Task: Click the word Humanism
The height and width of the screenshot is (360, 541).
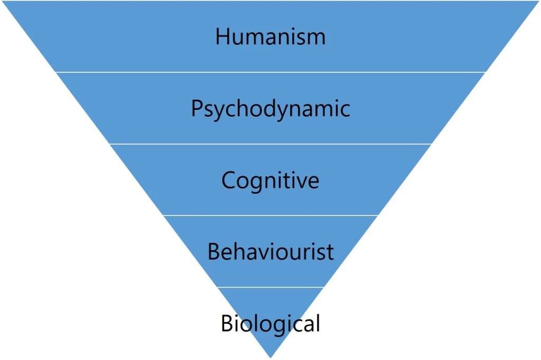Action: tap(270, 37)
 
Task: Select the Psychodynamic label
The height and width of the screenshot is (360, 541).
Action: tap(270, 109)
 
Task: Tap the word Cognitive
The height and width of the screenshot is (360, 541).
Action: tap(270, 181)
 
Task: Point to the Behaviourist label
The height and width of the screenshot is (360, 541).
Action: tap(270, 252)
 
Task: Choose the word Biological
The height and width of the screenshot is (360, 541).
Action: tap(270, 323)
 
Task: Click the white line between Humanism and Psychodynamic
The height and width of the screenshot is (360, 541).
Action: tap(270, 72)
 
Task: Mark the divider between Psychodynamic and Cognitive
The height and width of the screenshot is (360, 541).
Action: tap(270, 144)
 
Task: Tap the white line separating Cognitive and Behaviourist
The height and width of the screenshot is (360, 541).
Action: tap(270, 215)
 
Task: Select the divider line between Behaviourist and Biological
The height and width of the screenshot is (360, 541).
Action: tap(270, 287)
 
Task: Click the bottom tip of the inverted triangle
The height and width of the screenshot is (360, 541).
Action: tap(270, 357)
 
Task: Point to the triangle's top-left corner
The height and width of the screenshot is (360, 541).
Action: tap(3, 2)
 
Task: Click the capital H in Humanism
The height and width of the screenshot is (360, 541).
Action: tap(222, 37)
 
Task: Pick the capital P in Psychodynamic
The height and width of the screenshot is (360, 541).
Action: tap(197, 109)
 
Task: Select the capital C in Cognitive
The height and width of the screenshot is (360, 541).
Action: tap(228, 181)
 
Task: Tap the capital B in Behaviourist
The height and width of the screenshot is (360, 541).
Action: tap(213, 252)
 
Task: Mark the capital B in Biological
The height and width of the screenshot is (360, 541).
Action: tap(227, 323)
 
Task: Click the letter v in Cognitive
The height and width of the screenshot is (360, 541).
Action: tap(301, 182)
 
